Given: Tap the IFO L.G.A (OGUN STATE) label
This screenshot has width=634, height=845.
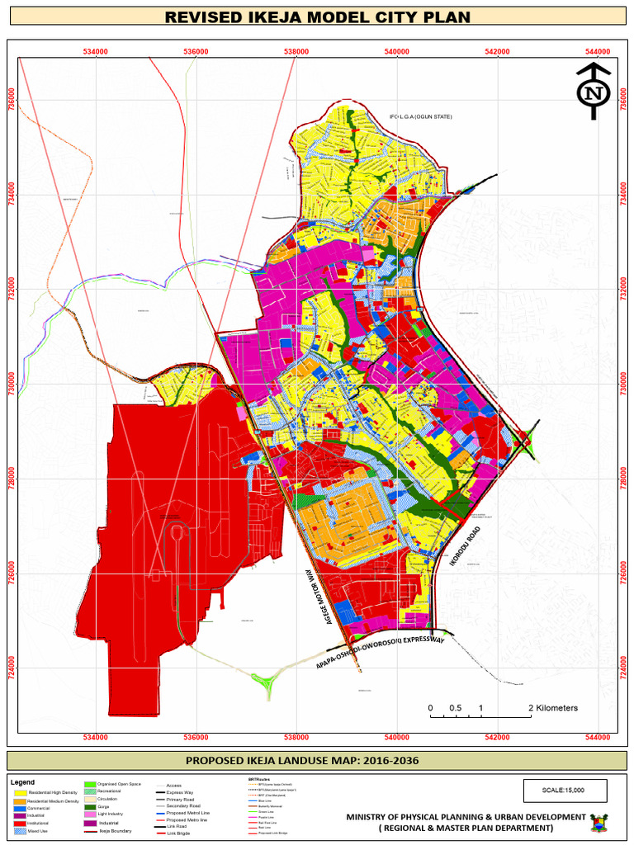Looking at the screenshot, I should [421, 116].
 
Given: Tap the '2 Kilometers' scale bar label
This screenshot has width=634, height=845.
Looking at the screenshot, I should [553, 708].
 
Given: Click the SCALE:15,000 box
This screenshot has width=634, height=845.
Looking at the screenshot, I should [564, 790].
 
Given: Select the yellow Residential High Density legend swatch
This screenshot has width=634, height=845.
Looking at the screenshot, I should [20, 793].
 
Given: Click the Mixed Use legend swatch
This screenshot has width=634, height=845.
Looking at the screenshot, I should [20, 831].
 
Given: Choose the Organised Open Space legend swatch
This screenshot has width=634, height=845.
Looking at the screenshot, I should [90, 784].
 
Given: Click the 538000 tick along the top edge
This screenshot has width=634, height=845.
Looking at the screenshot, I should [296, 51].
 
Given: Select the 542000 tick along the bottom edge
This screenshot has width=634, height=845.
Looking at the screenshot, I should [497, 738].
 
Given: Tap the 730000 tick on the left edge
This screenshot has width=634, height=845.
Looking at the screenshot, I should [11, 385].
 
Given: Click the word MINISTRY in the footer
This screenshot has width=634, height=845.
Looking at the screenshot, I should [372, 817].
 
